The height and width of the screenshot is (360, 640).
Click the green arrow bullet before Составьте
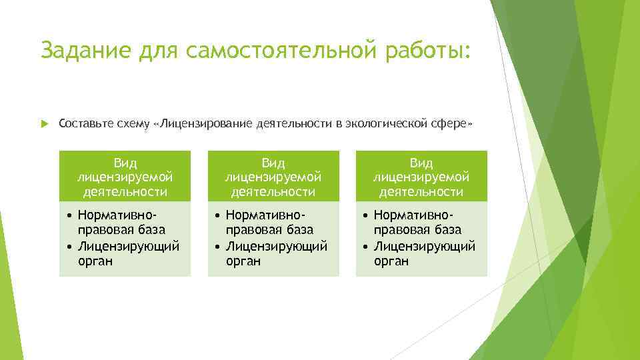44,124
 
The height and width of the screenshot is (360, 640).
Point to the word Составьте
84,124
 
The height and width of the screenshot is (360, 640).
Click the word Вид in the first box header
125,163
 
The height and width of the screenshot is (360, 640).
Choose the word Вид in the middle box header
273,163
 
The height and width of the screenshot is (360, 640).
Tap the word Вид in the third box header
421,163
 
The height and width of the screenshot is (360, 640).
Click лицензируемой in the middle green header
273,177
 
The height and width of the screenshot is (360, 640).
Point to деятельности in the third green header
421,192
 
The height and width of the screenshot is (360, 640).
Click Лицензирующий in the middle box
277,246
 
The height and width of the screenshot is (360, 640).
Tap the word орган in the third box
391,261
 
